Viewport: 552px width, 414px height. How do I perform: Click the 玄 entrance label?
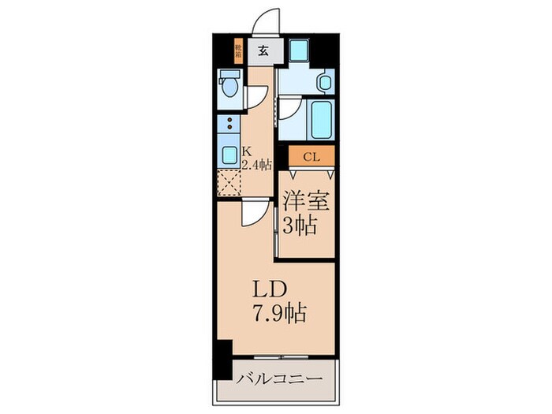pos(263,53)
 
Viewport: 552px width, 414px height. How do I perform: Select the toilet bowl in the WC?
pos(229,84)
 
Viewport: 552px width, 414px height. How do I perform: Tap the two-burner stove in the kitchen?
pos(229,124)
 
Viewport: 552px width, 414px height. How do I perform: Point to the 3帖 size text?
pos(300,226)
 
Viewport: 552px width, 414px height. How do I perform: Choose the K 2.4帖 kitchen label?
pos(257,159)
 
